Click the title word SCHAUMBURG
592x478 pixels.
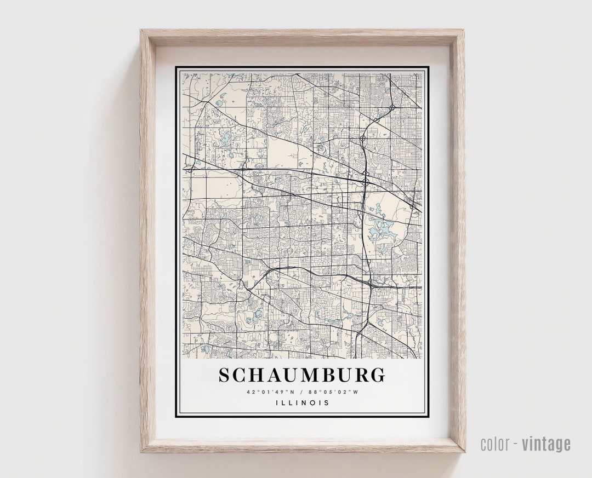[302, 375]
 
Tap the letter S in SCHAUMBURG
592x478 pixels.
[225, 375]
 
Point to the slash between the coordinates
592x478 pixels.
[302, 392]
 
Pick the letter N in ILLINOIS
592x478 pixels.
[308, 403]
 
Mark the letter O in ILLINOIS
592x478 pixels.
[315, 403]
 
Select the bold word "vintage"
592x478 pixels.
[546, 444]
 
